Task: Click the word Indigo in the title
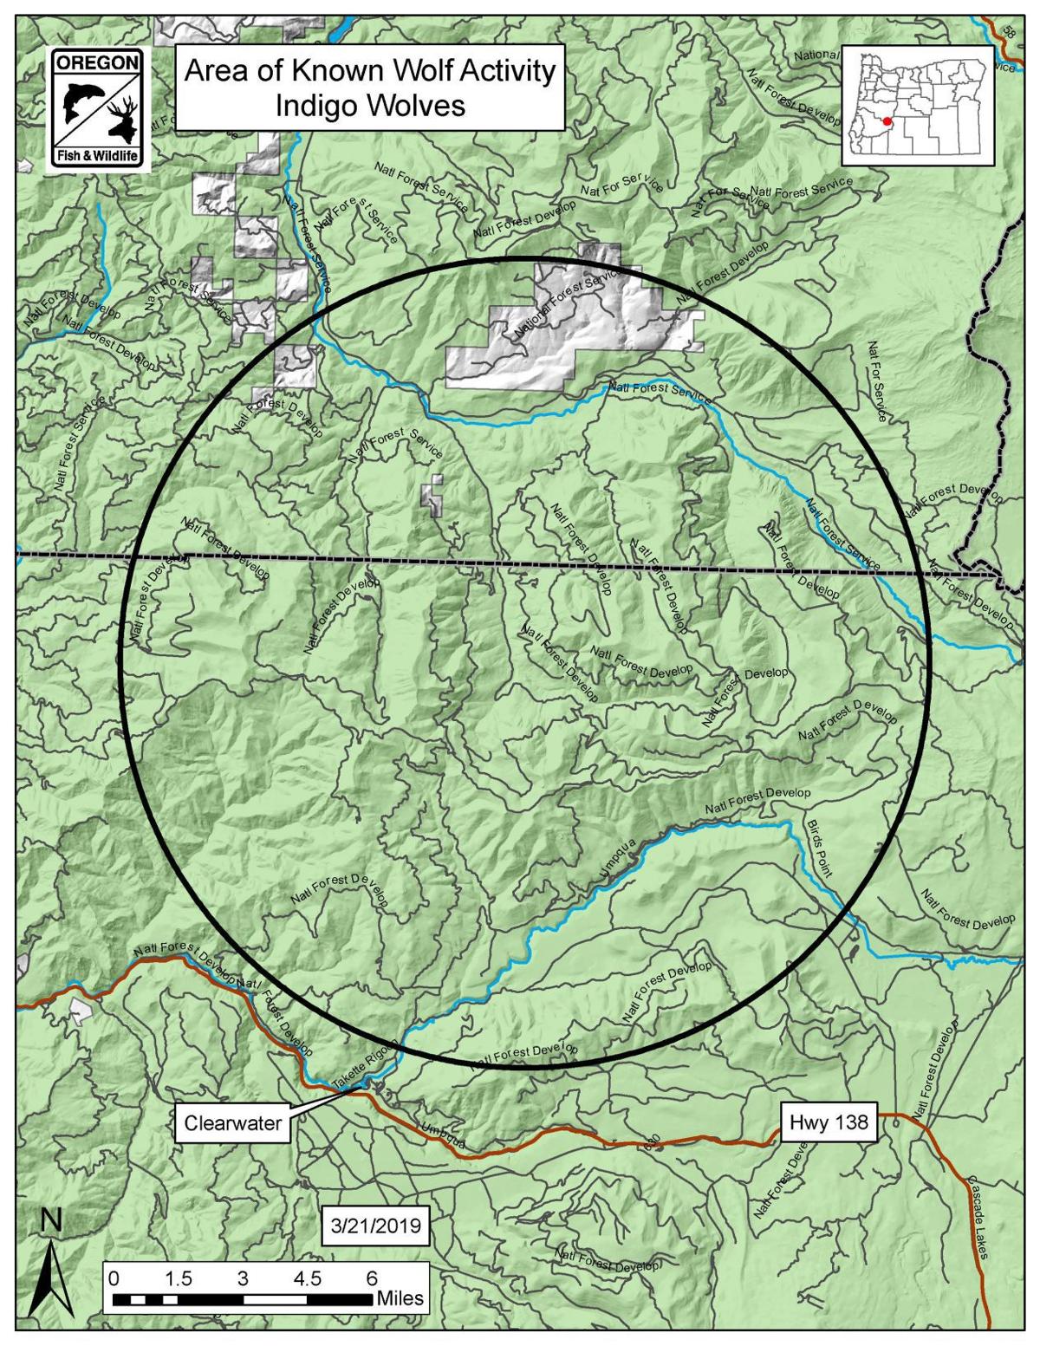pos(317,106)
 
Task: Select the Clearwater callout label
pos(233,1123)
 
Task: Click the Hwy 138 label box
pos(829,1122)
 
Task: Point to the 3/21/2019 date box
pos(375,1226)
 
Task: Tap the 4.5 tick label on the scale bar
pos(307,1278)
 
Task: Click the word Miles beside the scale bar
pos(400,1298)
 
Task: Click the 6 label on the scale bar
pos(372,1278)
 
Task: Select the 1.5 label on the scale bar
pos(179,1278)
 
